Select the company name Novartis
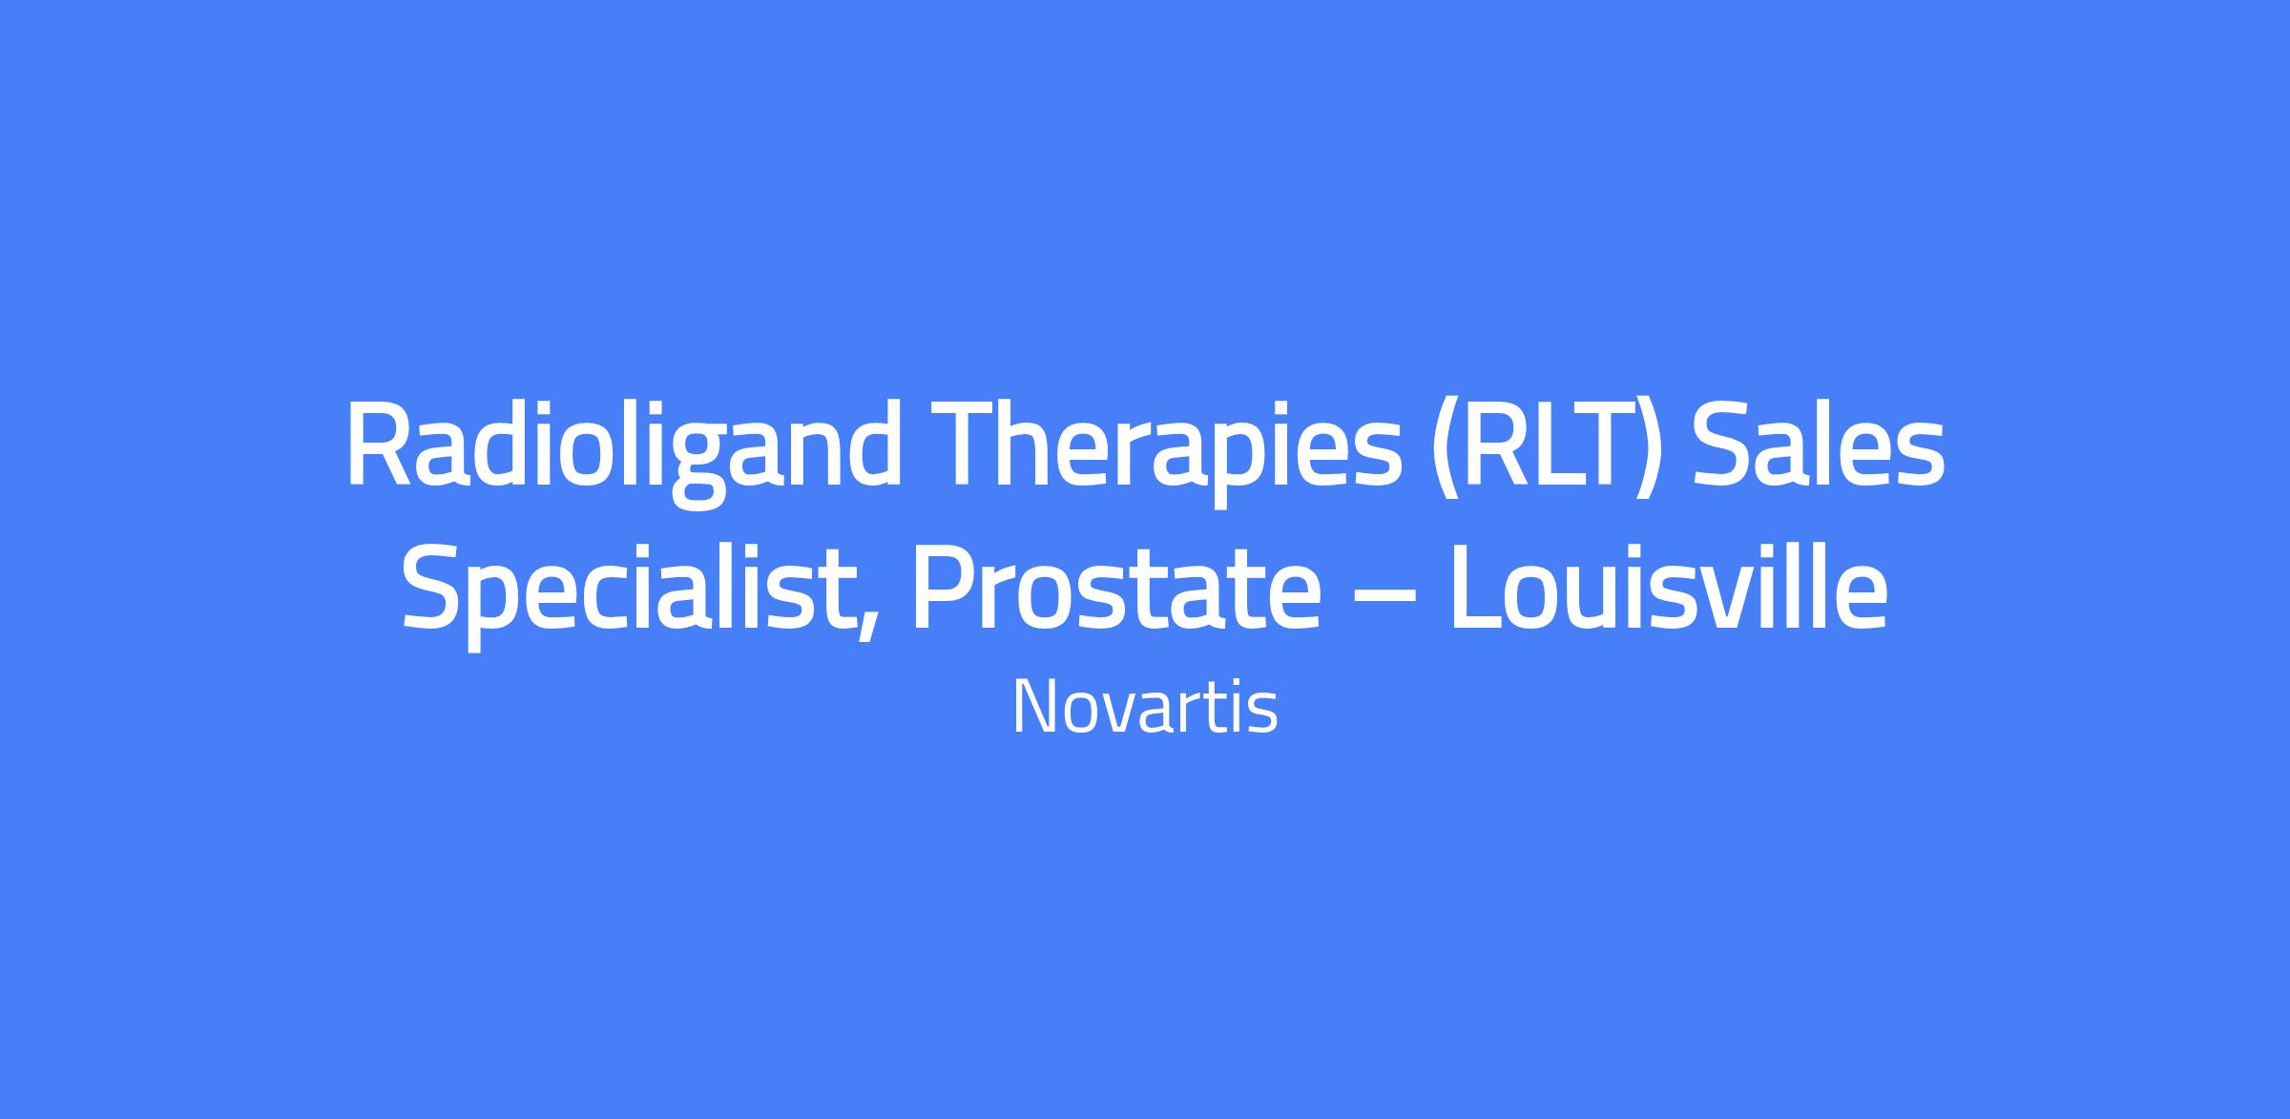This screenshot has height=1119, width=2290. pos(1145,707)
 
